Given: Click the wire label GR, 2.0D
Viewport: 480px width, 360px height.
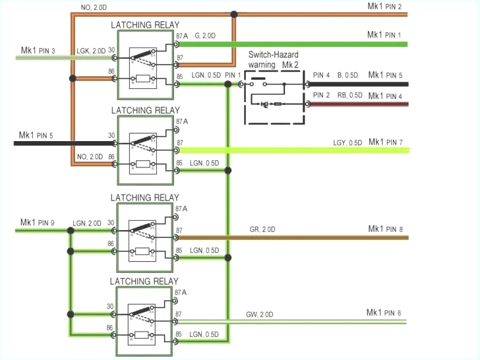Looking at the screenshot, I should point(263,229).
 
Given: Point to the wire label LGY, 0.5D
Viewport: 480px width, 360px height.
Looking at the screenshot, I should point(347,142).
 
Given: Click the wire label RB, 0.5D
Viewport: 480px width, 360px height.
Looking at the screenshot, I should point(349,95).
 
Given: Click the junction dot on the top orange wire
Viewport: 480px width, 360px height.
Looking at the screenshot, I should point(234,14).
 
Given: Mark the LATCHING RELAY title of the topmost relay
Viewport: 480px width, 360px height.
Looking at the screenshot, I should point(144,25).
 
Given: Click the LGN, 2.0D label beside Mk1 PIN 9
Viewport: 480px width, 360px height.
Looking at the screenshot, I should point(87,223).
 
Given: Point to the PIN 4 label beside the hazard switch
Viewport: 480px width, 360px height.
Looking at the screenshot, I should point(323,75).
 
